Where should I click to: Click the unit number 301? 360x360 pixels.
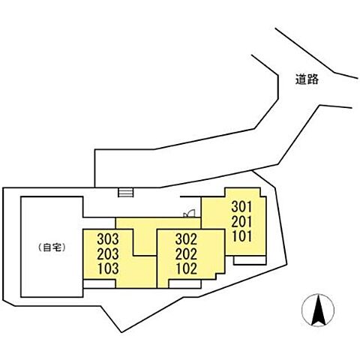tap(241, 207)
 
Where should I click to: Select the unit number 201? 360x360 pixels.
tap(241, 221)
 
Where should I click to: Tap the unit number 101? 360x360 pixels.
tap(241, 236)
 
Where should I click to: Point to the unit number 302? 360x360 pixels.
tap(186, 239)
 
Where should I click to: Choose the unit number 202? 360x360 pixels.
tap(186, 254)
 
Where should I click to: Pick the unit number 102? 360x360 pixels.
tap(187, 268)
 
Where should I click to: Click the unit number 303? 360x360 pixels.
tap(108, 239)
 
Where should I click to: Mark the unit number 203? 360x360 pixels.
tap(108, 254)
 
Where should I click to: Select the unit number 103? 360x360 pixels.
tap(108, 268)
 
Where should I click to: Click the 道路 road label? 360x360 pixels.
tap(307, 79)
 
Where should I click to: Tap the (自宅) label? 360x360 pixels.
tap(52, 247)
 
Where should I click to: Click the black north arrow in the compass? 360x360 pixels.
tap(319, 310)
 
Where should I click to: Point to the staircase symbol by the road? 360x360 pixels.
tap(126, 193)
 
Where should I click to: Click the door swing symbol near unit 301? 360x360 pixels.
tap(189, 214)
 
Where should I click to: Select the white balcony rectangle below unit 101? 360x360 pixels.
tap(250, 260)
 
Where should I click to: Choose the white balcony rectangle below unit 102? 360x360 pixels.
tap(185, 284)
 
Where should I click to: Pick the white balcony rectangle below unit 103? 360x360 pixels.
tap(99, 284)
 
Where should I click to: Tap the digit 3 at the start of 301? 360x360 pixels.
tap(235, 207)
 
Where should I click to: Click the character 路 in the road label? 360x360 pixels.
tap(313, 79)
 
